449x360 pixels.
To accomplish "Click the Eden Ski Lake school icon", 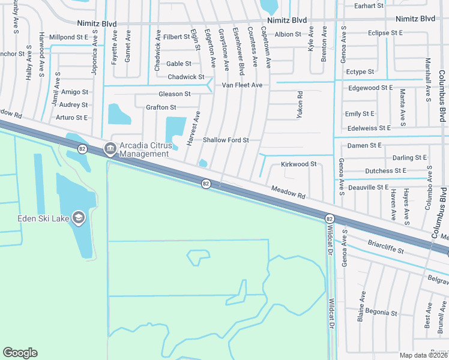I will (x=79, y=217).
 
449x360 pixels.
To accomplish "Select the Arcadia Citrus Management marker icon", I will (x=110, y=148).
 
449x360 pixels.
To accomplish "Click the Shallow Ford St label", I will (x=226, y=140).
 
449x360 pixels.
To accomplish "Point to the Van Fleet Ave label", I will (x=242, y=85).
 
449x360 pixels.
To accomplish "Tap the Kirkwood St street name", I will (x=298, y=164).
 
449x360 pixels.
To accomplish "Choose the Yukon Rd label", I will (x=299, y=103).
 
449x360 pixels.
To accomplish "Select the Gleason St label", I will (x=174, y=94).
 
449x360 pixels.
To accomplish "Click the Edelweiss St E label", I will (x=368, y=128).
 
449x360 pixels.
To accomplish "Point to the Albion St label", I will (x=288, y=34).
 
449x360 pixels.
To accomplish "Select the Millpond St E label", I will (x=68, y=37).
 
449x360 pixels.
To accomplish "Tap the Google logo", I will (x=20, y=353).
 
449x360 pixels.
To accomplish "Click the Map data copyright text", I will (x=424, y=355).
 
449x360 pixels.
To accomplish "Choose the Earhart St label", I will (x=369, y=5).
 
